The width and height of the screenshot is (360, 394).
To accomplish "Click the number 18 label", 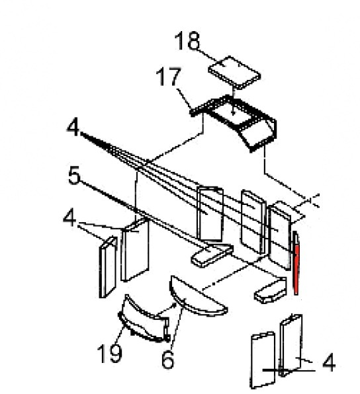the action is click(187, 41).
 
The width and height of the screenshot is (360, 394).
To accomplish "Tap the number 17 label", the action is click(169, 77).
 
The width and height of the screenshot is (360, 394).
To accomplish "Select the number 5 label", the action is click(74, 175).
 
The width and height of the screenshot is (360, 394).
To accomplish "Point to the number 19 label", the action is click(110, 354).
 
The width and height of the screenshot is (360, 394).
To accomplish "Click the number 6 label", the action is click(167, 360).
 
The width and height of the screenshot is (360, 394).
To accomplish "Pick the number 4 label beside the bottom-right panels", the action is click(328, 362).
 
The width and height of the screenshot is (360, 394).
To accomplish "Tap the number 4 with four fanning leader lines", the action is click(73, 128).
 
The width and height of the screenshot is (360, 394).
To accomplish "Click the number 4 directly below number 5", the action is click(69, 218).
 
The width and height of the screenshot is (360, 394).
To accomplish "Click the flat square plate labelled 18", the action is click(234, 72).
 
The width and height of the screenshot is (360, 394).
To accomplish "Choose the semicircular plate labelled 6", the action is click(198, 295).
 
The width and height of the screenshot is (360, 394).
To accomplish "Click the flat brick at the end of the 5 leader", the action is click(212, 255).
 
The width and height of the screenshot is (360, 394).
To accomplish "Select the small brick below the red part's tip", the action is click(271, 290).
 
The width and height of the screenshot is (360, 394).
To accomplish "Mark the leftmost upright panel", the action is click(108, 267).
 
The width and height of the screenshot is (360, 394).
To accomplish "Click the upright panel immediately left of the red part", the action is click(279, 237).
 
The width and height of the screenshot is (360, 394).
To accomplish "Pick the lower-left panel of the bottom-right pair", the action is click(263, 360).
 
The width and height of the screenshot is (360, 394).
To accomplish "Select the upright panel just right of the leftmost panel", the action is click(135, 249).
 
